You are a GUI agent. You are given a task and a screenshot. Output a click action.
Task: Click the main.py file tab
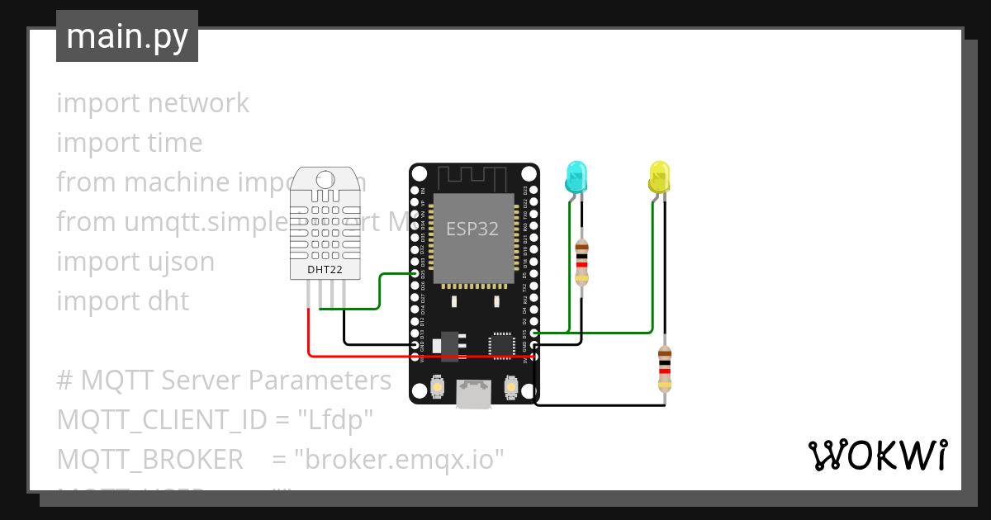pos(127,37)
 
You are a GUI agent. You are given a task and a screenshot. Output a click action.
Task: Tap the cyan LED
pos(576,178)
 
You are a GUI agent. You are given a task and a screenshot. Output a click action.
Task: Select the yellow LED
pos(659,178)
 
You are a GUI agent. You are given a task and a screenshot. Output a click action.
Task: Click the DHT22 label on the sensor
pos(325,269)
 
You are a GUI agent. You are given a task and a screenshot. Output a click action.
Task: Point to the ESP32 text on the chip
pos(472,229)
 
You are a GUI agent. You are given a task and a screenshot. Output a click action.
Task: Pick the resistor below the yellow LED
pos(665,369)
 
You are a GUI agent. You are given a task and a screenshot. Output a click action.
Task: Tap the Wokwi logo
pos(876,455)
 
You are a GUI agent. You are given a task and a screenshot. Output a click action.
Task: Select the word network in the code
pos(198,103)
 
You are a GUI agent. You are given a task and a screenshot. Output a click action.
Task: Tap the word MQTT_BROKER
pos(149,459)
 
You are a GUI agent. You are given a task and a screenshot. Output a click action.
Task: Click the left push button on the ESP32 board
pos(438,385)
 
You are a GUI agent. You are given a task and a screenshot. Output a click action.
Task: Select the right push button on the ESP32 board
pos(510,385)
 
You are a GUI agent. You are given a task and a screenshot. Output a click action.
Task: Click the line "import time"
pos(130,143)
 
